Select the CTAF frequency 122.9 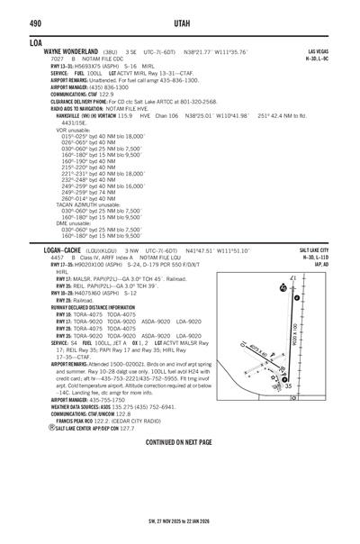104,93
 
